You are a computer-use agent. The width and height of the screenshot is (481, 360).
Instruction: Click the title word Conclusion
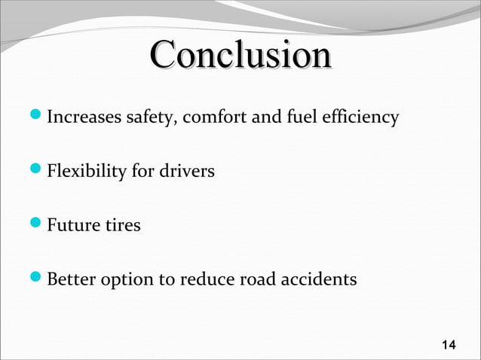240,57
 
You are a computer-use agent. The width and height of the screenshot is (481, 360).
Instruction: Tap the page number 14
448,346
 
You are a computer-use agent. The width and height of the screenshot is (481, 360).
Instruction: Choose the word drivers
186,172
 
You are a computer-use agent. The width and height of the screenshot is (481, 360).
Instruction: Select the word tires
121,225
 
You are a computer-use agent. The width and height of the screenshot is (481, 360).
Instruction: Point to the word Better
70,279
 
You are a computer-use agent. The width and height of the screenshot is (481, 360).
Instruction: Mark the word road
255,279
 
